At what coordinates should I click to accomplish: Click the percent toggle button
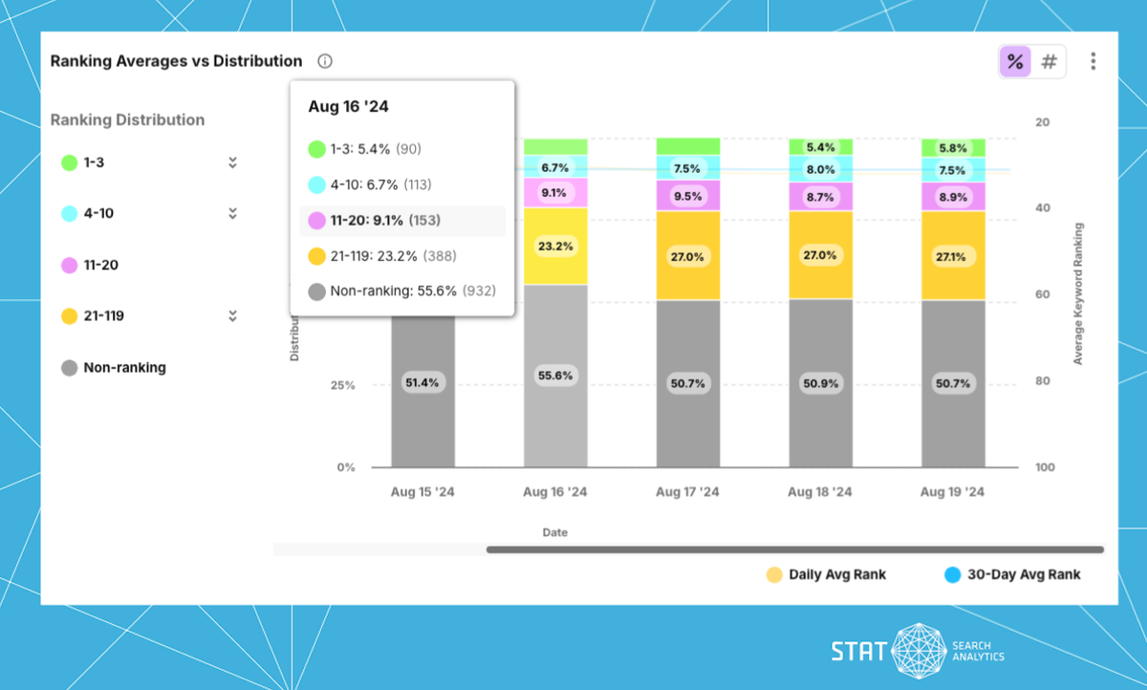tap(1015, 62)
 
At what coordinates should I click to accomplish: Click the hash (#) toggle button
tap(1049, 62)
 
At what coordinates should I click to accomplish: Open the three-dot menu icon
tap(1093, 62)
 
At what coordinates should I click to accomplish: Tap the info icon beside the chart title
tap(325, 61)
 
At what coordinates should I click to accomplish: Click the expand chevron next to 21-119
tap(232, 315)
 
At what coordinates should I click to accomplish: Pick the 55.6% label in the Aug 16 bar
tap(555, 376)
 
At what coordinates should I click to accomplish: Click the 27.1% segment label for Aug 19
tap(952, 256)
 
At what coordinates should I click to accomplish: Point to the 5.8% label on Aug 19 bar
tap(952, 149)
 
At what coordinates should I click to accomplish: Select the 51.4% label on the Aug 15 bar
tap(422, 382)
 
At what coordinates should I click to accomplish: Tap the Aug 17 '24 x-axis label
tap(687, 492)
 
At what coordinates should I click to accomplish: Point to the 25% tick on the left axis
tap(341, 385)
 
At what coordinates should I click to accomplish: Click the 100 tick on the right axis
tap(1044, 467)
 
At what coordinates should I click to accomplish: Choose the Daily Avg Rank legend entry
tap(827, 574)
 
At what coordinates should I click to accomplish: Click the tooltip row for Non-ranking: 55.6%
tap(401, 291)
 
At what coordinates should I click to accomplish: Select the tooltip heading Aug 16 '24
tap(348, 106)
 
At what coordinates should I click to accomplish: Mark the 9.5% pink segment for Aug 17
tap(687, 196)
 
